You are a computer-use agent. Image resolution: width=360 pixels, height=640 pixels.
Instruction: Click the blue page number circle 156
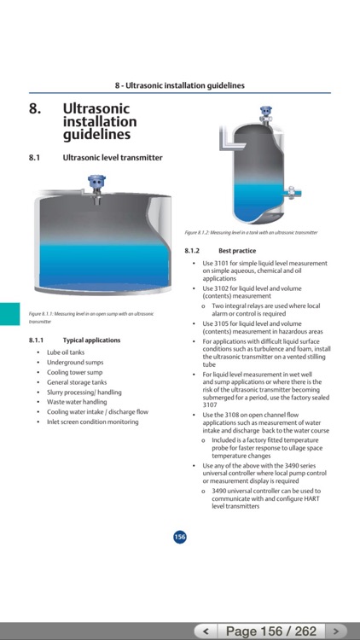point(180,537)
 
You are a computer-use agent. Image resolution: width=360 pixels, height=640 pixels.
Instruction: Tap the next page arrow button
point(338,631)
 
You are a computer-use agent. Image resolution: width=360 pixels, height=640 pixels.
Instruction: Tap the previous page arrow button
point(205,631)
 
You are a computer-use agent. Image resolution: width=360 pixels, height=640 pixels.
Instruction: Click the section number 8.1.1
point(38,340)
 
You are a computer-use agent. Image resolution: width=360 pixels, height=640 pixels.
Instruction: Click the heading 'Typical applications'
point(91,340)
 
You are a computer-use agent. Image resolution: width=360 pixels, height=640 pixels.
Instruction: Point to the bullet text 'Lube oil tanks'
point(66,352)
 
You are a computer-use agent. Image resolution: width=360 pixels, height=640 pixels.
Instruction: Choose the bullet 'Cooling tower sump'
point(74,372)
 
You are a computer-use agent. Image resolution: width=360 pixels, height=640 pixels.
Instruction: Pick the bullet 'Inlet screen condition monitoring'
point(92,422)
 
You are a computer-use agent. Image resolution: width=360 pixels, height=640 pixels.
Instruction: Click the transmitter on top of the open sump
point(96,185)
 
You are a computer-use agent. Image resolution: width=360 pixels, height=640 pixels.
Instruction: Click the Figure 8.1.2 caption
point(251,232)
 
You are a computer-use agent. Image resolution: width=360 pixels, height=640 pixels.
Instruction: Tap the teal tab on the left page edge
point(9,313)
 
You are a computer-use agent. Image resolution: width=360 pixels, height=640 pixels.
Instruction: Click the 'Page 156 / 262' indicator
point(270,631)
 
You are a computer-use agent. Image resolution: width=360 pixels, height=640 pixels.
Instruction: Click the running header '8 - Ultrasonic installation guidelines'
point(180,85)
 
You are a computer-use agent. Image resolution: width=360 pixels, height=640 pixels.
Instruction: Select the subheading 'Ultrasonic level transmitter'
point(112,158)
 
